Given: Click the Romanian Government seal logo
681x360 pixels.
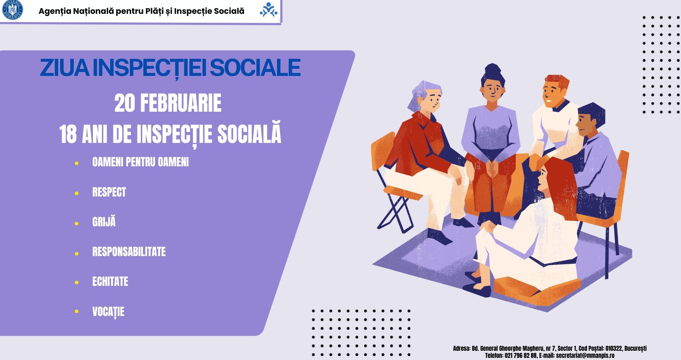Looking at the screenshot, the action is [12, 10].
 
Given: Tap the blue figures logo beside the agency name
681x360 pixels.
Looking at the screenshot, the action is [268, 10].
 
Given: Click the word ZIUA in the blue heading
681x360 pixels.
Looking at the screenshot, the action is [65, 68].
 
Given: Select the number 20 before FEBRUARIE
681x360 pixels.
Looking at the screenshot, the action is [124, 103].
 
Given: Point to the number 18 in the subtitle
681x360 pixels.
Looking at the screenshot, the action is [68, 134].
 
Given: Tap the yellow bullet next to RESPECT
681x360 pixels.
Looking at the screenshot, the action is [77, 193].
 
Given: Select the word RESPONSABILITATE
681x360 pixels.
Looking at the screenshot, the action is [129, 251].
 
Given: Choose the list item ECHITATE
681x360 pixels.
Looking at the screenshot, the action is [110, 282].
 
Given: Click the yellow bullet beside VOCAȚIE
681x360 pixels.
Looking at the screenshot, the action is [77, 311].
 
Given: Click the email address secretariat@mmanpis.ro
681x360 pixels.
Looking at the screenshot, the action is [585, 355].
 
